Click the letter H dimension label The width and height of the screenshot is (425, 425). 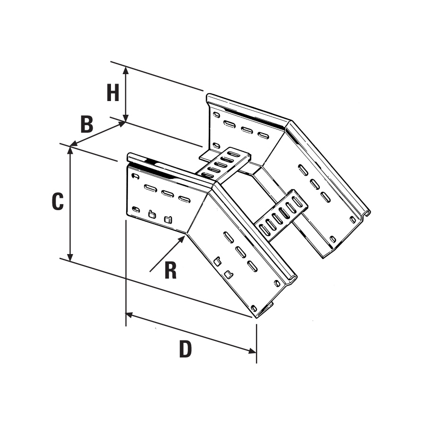112,93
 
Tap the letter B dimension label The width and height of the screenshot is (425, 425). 86,125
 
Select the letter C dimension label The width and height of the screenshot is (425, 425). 58,201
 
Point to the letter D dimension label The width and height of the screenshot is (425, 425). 186,349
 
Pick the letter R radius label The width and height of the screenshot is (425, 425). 170,271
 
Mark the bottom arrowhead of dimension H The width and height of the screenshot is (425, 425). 126,118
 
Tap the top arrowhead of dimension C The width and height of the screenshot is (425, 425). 70,150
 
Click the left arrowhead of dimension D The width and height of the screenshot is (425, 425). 129,314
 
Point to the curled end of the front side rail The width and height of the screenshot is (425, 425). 292,279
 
